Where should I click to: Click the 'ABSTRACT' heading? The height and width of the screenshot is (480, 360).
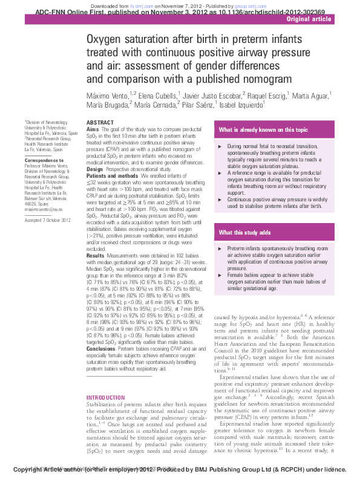point(100,123)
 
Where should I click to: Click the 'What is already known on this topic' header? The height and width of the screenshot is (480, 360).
point(263,130)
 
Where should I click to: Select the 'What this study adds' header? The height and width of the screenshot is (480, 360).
point(245,233)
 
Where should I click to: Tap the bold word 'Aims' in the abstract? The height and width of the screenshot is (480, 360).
point(93,129)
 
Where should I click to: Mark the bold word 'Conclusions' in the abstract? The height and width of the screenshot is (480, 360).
point(101,349)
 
